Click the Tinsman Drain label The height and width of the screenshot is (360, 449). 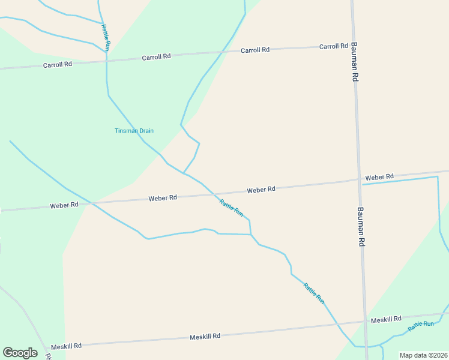134,131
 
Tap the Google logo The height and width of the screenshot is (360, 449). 20,353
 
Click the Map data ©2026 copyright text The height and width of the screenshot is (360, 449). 423,355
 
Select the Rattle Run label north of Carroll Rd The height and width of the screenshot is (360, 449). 106,37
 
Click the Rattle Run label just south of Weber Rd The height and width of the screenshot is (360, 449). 232,208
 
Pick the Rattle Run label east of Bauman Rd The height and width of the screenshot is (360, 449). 421,326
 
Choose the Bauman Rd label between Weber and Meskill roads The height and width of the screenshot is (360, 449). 361,227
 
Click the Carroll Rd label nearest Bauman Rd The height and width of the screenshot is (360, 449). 334,46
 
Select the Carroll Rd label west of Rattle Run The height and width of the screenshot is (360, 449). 58,64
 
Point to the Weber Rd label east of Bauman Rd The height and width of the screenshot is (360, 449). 379,177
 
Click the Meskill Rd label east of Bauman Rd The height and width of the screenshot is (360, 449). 386,319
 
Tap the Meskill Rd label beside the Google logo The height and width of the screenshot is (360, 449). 66,346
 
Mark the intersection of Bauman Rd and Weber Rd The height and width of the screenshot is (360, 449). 359,179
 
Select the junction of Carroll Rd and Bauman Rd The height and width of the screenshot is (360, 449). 354,46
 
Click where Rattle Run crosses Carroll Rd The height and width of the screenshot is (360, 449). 107,59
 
